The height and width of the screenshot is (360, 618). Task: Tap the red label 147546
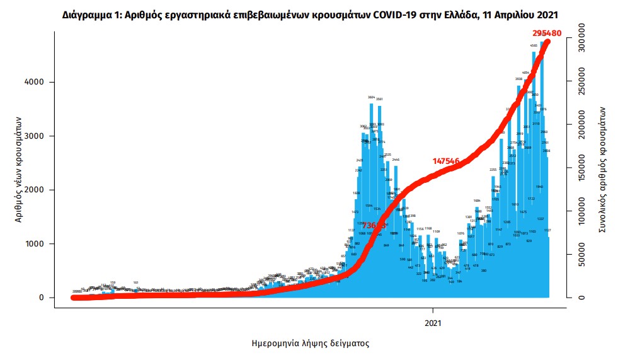[449, 161]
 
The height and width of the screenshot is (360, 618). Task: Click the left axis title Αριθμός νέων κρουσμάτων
[18, 169]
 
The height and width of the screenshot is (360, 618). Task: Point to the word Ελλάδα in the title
[454, 13]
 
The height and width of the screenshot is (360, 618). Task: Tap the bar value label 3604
[371, 97]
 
